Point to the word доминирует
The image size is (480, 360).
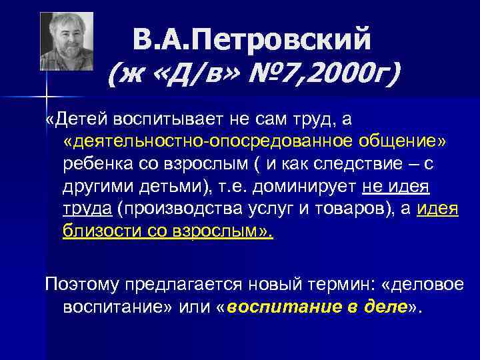(x=303, y=187)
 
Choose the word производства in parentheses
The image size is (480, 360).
(x=179, y=209)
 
